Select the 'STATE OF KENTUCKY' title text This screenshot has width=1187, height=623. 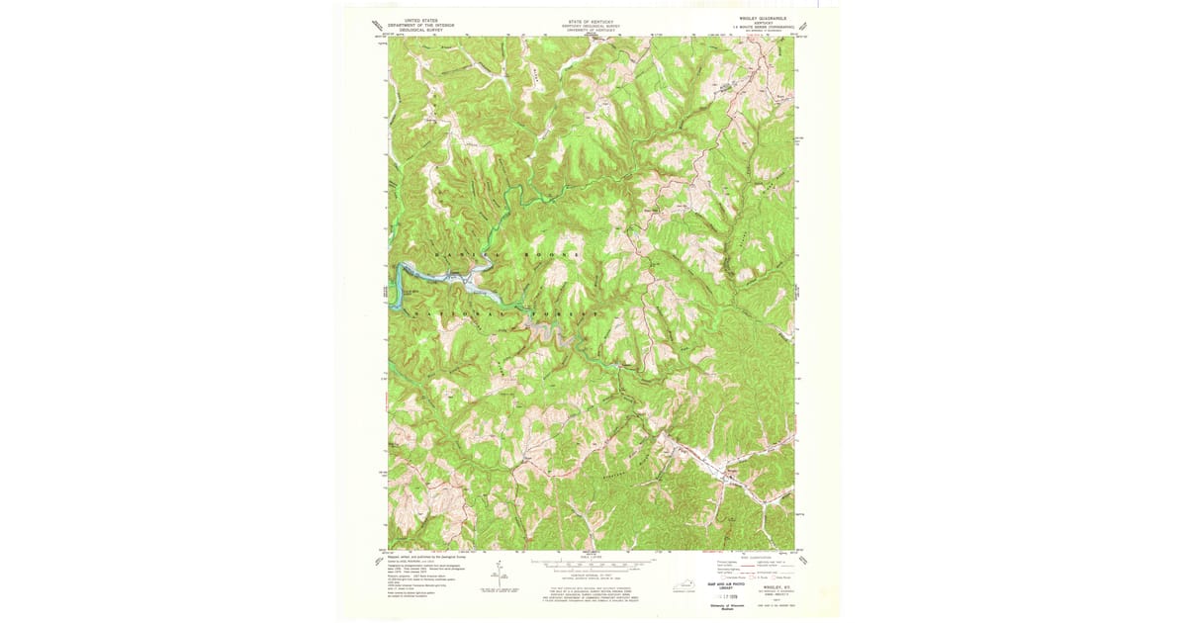pos(591,19)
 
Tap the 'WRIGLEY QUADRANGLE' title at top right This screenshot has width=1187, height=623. pos(759,19)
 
